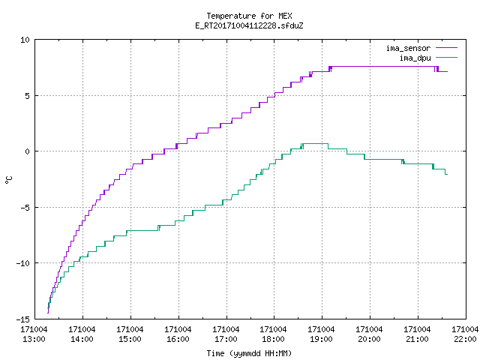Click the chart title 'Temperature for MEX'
click(x=249, y=16)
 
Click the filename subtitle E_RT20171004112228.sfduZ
click(x=249, y=25)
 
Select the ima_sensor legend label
click(x=408, y=48)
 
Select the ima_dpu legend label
click(x=415, y=58)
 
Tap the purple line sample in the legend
click(x=446, y=48)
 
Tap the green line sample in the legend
click(x=446, y=57)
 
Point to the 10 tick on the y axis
click(x=25, y=40)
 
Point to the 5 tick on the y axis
click(x=28, y=96)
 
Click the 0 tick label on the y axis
click(x=28, y=151)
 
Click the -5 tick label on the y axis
click(x=25, y=208)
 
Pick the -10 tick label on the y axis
click(x=23, y=263)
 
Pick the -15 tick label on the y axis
click(x=23, y=319)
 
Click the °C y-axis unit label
click(x=8, y=180)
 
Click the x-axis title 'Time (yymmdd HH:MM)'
click(x=249, y=353)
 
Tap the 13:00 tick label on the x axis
click(x=34, y=340)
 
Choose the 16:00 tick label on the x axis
click(x=178, y=340)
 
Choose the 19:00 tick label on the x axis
click(x=321, y=340)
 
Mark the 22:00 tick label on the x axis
click(x=465, y=340)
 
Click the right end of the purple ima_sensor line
click(x=447, y=72)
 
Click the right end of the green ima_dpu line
click(x=447, y=174)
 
